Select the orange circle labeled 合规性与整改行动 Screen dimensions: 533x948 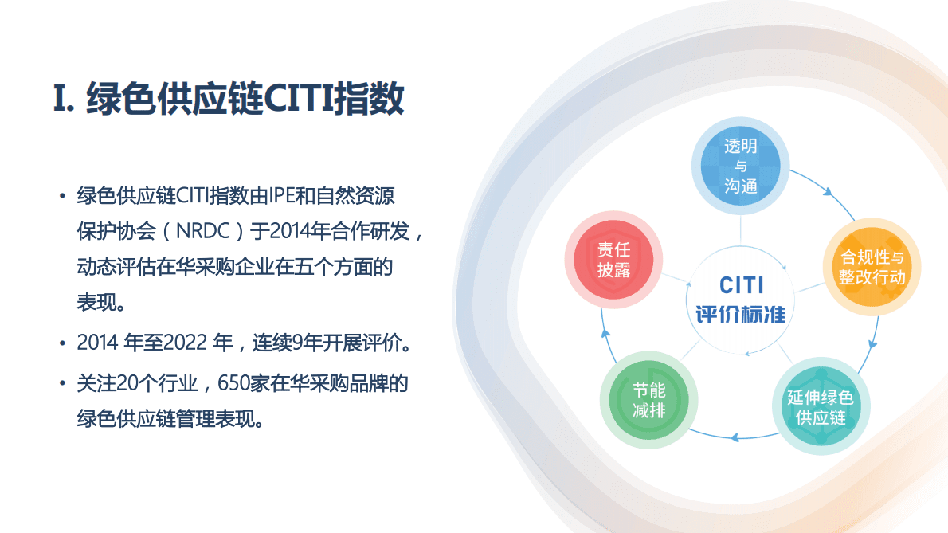tap(872, 267)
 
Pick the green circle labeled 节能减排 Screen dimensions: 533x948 tap(648, 400)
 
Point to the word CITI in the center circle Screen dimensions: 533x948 tap(741, 284)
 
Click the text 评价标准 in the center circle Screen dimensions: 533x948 tap(741, 313)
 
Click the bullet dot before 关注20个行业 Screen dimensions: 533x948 tap(61, 384)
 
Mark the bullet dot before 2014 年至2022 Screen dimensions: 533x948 tap(61, 344)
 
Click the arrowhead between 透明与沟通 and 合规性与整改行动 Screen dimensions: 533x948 tap(828, 193)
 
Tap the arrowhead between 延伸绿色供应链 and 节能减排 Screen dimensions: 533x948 tap(735, 437)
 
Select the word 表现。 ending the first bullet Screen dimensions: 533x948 tap(100, 302)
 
